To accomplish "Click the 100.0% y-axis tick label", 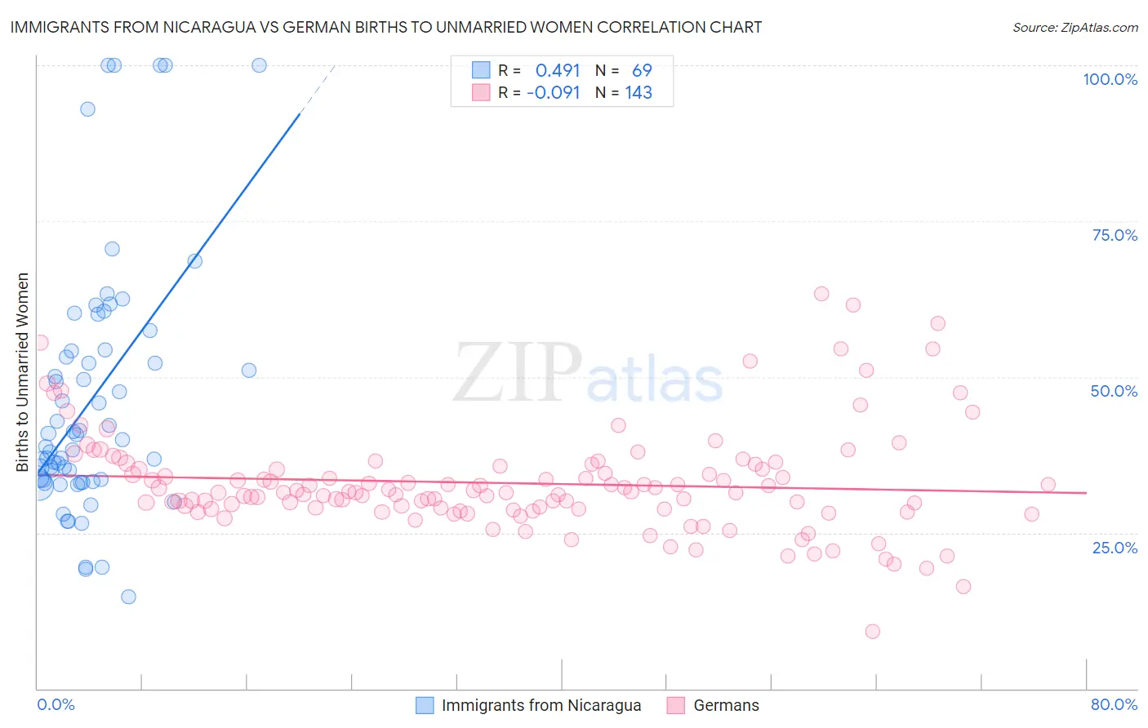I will [x=1110, y=79].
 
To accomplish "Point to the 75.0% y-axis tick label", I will [x=1115, y=235].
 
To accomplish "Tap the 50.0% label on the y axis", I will [x=1114, y=391].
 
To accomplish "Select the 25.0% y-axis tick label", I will [x=1115, y=547].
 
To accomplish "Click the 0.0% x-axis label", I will [x=56, y=704].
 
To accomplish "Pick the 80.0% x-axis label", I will [x=1114, y=704].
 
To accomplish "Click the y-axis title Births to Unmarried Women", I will [x=23, y=372].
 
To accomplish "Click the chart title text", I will [x=386, y=27].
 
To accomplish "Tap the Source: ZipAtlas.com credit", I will [x=1075, y=27].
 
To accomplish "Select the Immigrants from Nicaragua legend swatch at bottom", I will [x=425, y=705].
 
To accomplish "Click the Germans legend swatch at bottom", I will [x=675, y=705].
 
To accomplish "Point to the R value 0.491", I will [x=558, y=70].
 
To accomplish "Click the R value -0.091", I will [x=553, y=93].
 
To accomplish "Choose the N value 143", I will [x=639, y=93].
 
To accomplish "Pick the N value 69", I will [x=642, y=70].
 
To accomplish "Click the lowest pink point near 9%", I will [x=872, y=631].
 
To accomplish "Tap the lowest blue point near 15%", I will [x=128, y=597].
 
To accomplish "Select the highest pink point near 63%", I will [x=821, y=294].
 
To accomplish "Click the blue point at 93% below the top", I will [x=87, y=109].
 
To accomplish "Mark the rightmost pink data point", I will [x=1048, y=485].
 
